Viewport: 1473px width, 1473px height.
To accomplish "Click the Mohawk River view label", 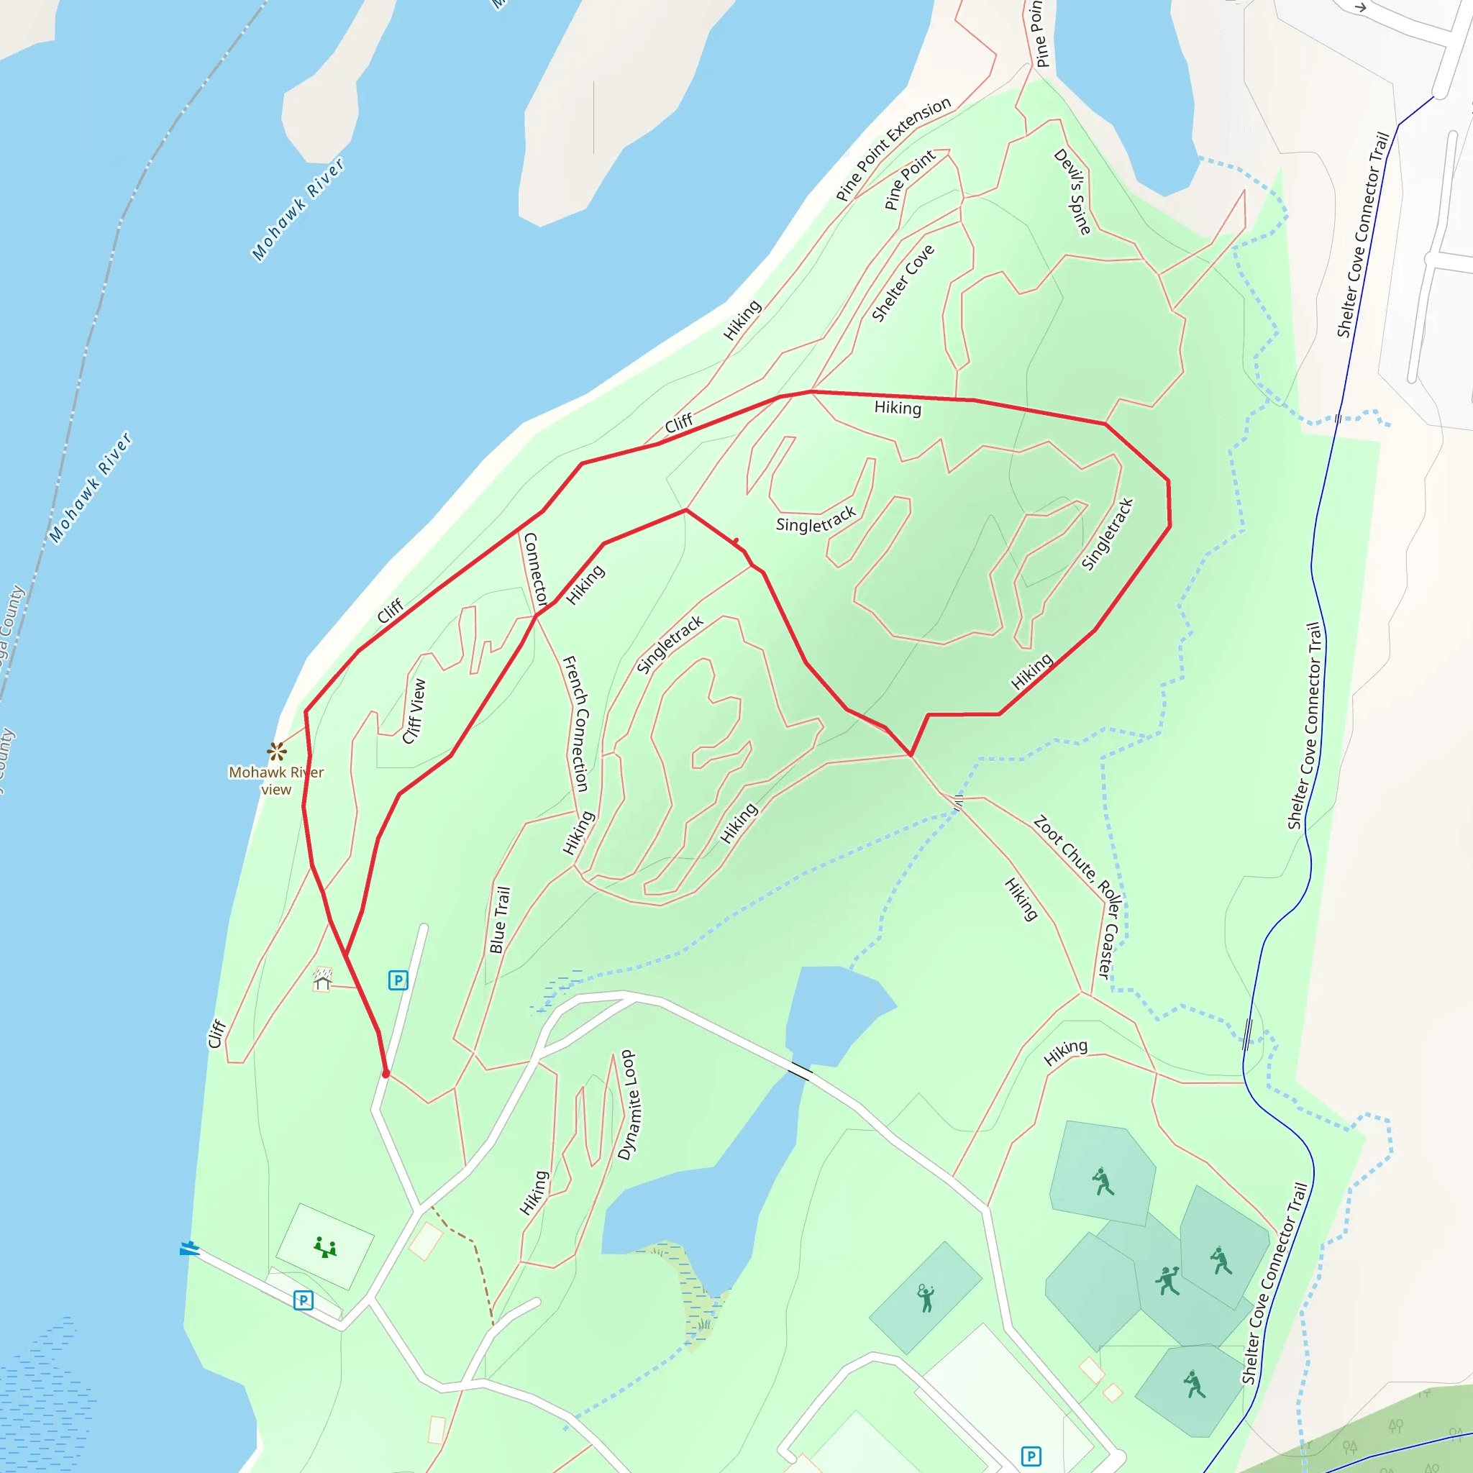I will click(x=276, y=780).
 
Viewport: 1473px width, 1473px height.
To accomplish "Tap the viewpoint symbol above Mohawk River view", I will click(x=277, y=752).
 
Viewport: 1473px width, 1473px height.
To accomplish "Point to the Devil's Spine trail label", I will click(x=1072, y=191).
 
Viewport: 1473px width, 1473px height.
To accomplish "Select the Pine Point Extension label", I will click(x=893, y=149).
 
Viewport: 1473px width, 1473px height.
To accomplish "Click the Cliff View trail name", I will click(x=414, y=711).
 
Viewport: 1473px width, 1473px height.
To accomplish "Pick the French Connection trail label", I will click(x=575, y=724).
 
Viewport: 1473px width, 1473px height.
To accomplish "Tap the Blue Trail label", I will click(x=499, y=919).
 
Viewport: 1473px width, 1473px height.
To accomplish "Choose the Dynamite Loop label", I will click(x=630, y=1105).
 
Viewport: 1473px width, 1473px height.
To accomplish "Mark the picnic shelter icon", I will click(x=322, y=979).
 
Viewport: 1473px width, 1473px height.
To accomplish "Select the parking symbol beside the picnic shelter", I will click(x=398, y=980).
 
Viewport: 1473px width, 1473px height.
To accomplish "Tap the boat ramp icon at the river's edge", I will click(x=189, y=1248).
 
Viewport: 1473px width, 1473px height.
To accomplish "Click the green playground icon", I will click(x=325, y=1248).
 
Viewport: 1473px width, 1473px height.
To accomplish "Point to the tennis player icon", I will click(x=926, y=1297).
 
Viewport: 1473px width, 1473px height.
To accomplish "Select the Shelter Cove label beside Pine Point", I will click(x=903, y=283).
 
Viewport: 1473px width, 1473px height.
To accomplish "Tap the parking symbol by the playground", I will click(x=304, y=1300).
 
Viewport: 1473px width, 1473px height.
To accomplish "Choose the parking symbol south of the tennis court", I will click(x=1031, y=1456).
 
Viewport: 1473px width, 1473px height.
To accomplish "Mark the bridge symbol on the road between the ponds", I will click(x=800, y=1070).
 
